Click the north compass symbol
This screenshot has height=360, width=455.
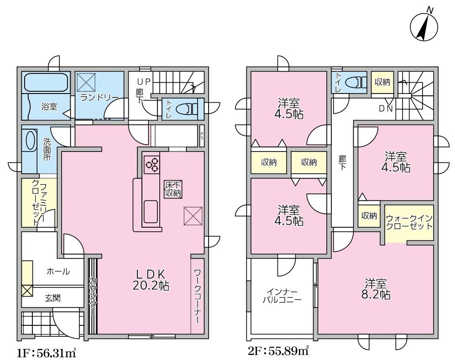424,26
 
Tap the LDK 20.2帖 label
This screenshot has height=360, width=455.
151,280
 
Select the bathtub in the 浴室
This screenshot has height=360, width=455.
47,83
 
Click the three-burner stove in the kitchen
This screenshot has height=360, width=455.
152,164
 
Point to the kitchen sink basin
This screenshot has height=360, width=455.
151,211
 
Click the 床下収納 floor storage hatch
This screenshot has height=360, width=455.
173,189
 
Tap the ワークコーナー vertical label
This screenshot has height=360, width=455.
197,296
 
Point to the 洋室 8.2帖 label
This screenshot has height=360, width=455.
376,288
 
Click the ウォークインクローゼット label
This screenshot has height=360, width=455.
409,222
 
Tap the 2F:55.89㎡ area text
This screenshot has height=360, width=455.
278,351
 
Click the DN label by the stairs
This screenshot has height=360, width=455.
386,109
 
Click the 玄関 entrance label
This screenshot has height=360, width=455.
52,298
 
